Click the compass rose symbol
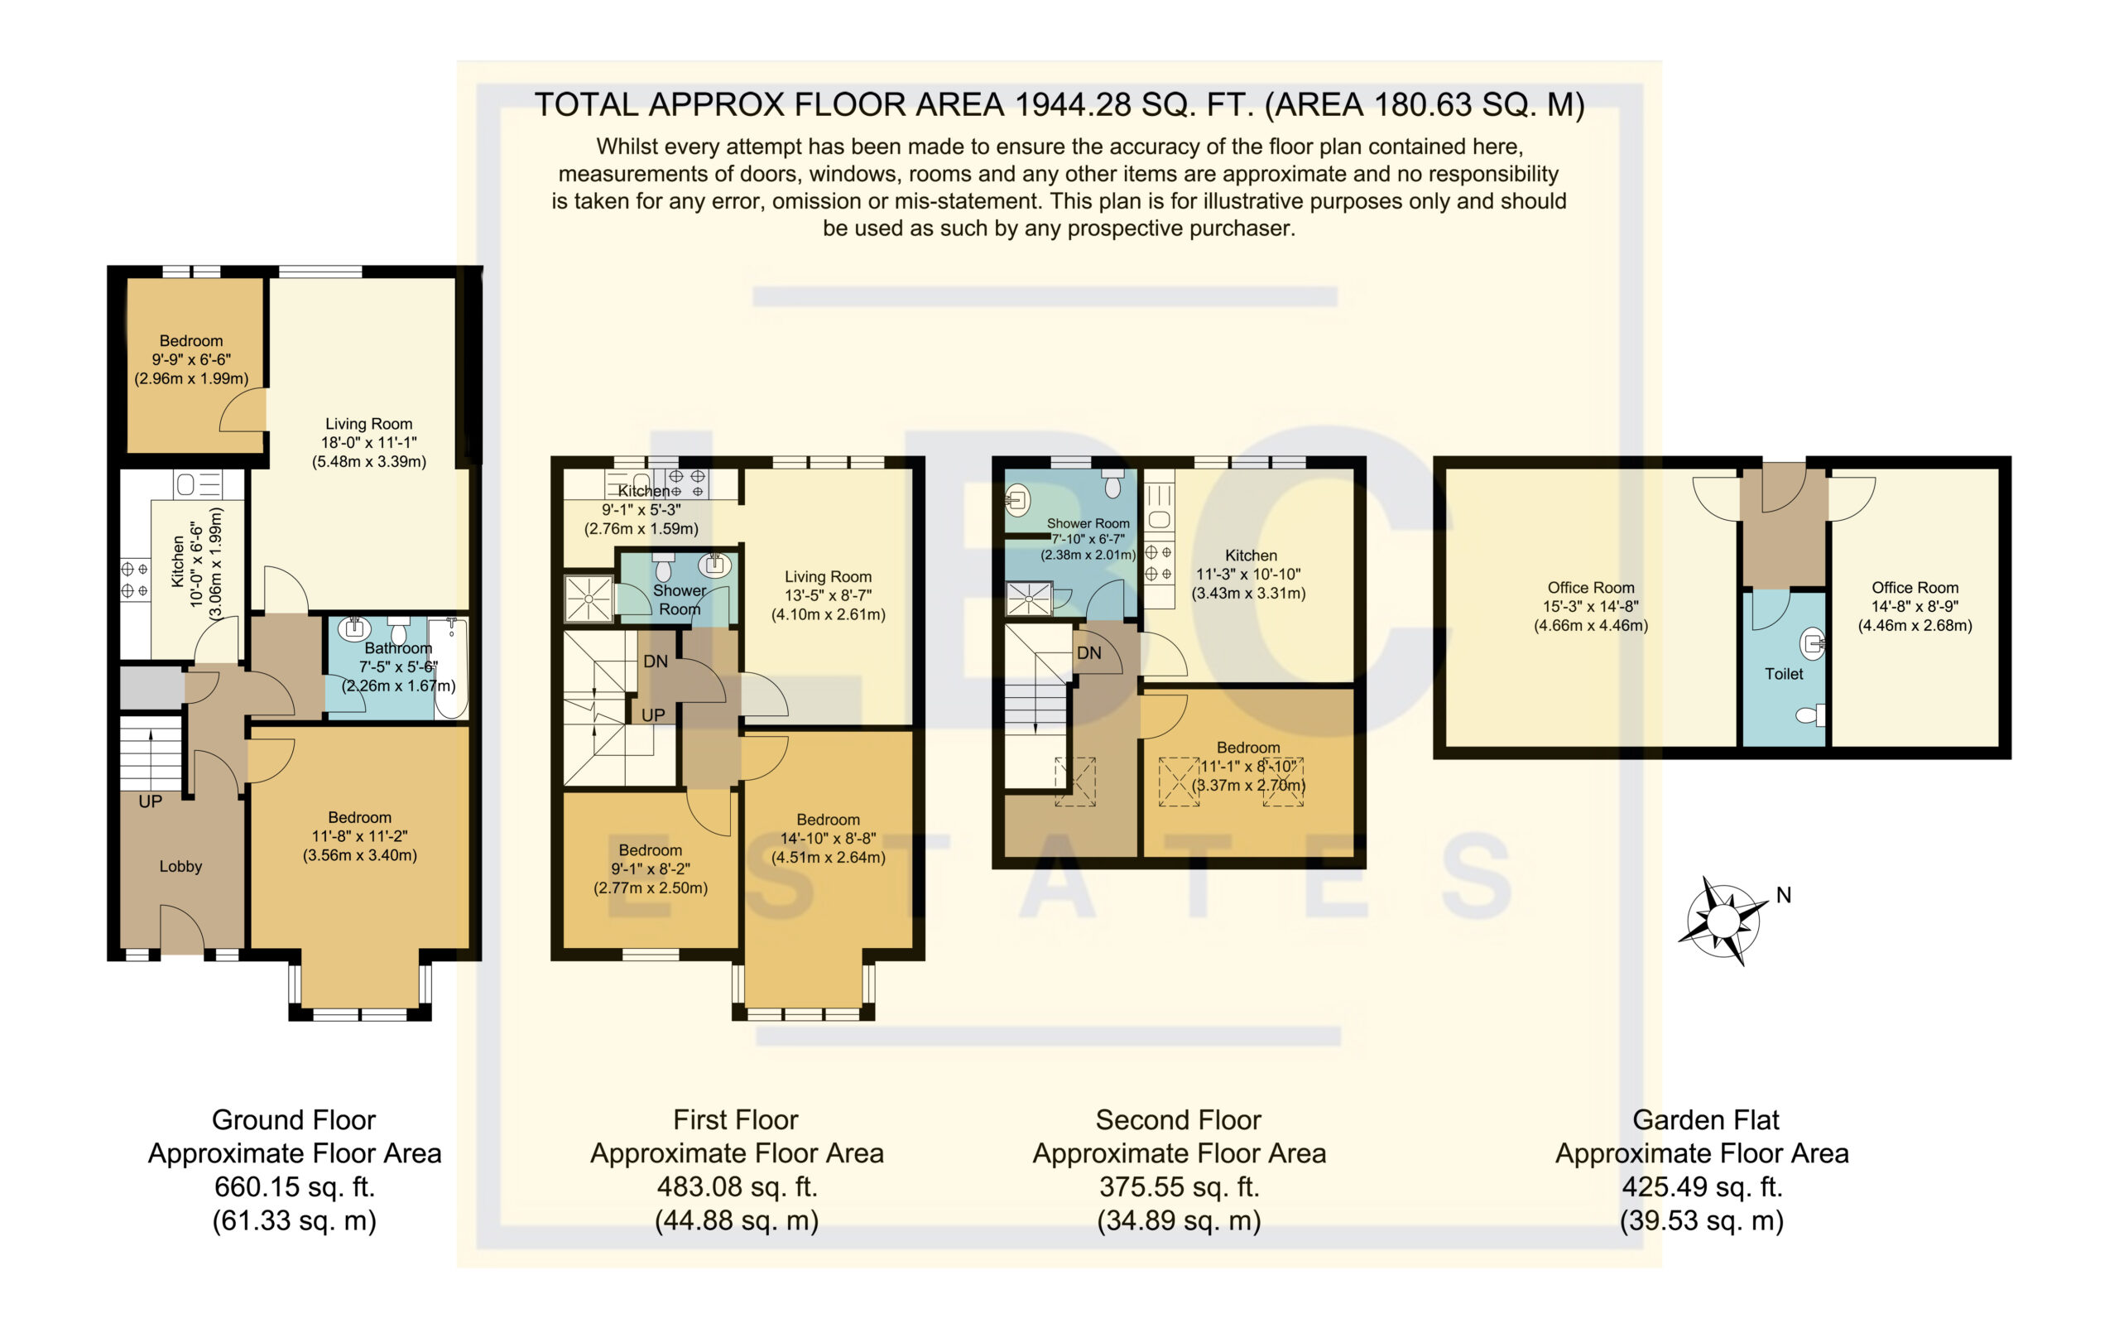click(x=1722, y=921)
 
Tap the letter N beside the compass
click(x=1784, y=895)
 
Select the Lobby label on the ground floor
click(x=181, y=866)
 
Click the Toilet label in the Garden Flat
click(x=1784, y=674)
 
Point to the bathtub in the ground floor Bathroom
click(x=450, y=668)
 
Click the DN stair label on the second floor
click(x=1089, y=652)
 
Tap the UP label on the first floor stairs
click(x=653, y=715)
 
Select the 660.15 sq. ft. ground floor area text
click(x=295, y=1186)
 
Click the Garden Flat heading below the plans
click(x=1705, y=1120)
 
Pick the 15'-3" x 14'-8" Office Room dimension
click(x=1590, y=606)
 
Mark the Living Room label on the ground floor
click(x=369, y=423)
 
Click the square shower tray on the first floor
click(x=589, y=599)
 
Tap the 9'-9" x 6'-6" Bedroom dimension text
click(x=191, y=359)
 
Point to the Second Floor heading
click(x=1179, y=1120)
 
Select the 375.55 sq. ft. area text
click(x=1180, y=1186)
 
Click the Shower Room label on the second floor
click(x=1088, y=523)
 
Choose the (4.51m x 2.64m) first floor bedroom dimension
click(x=828, y=857)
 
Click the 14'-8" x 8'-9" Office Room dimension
click(x=1915, y=606)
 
